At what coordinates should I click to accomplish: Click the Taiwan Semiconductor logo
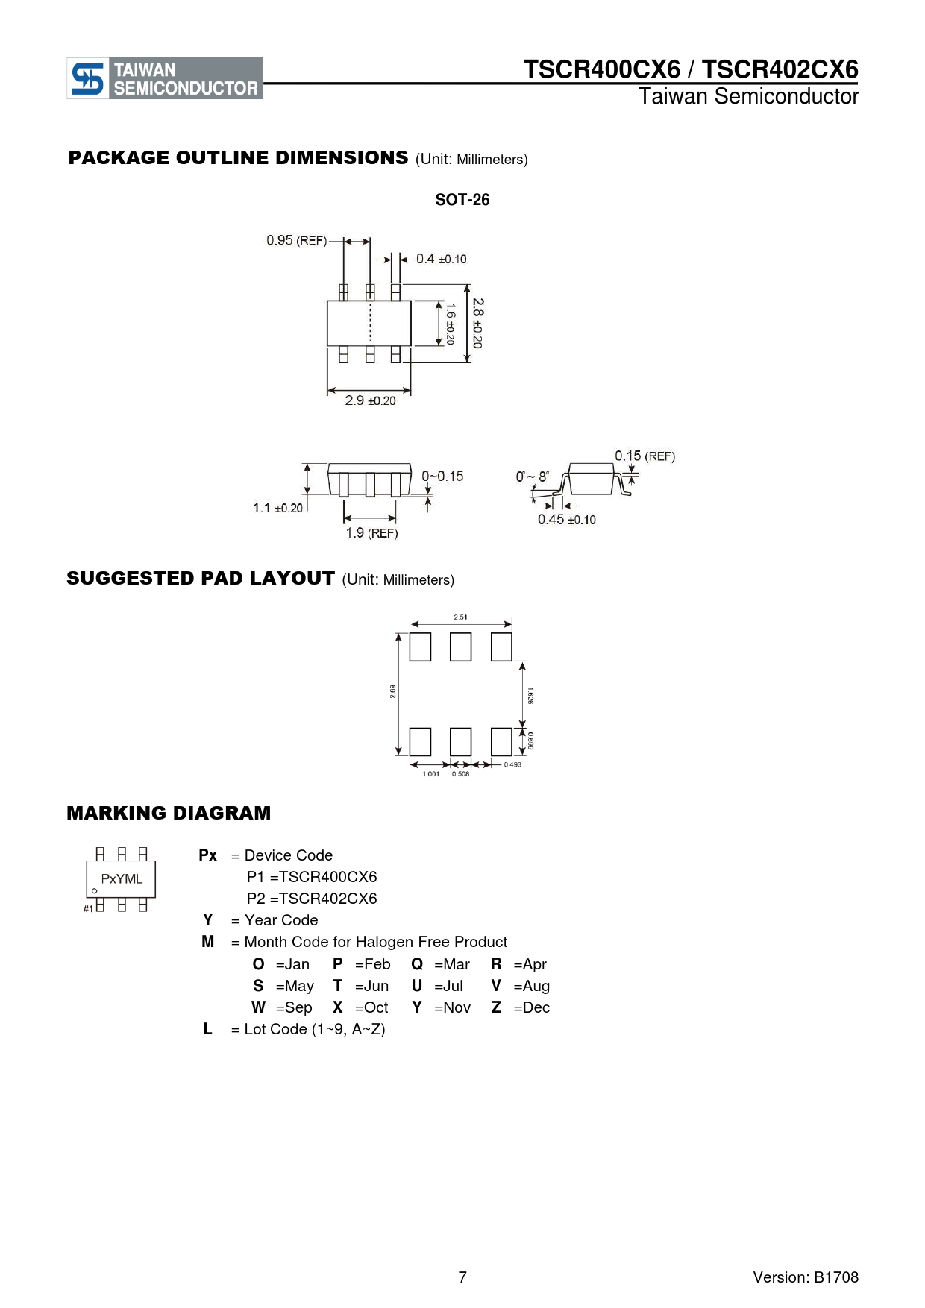click(x=165, y=78)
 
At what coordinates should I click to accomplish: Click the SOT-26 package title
click(x=462, y=200)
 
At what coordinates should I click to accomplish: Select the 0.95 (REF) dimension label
click(x=297, y=240)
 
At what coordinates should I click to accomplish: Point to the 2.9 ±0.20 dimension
click(x=371, y=400)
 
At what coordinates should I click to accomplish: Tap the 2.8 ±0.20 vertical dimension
click(x=477, y=323)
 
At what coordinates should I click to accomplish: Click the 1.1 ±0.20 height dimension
click(x=278, y=508)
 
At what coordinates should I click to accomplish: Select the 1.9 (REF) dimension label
click(x=371, y=532)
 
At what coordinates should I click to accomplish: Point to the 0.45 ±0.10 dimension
click(x=567, y=520)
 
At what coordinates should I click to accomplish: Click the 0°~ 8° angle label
click(x=533, y=477)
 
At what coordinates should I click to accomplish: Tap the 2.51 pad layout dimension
click(x=461, y=617)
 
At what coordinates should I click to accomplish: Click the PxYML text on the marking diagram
click(x=122, y=879)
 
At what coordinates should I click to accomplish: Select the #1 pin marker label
click(x=88, y=908)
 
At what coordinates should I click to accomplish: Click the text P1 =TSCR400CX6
click(x=312, y=877)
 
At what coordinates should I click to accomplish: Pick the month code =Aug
click(x=532, y=986)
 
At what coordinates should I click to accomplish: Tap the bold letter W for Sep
click(x=258, y=1007)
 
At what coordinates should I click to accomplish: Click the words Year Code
click(x=281, y=920)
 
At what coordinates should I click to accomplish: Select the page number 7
click(x=462, y=1277)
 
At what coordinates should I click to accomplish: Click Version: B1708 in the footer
click(x=806, y=1277)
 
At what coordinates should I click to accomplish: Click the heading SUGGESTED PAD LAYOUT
click(x=201, y=579)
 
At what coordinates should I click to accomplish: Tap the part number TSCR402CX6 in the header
click(x=780, y=69)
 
